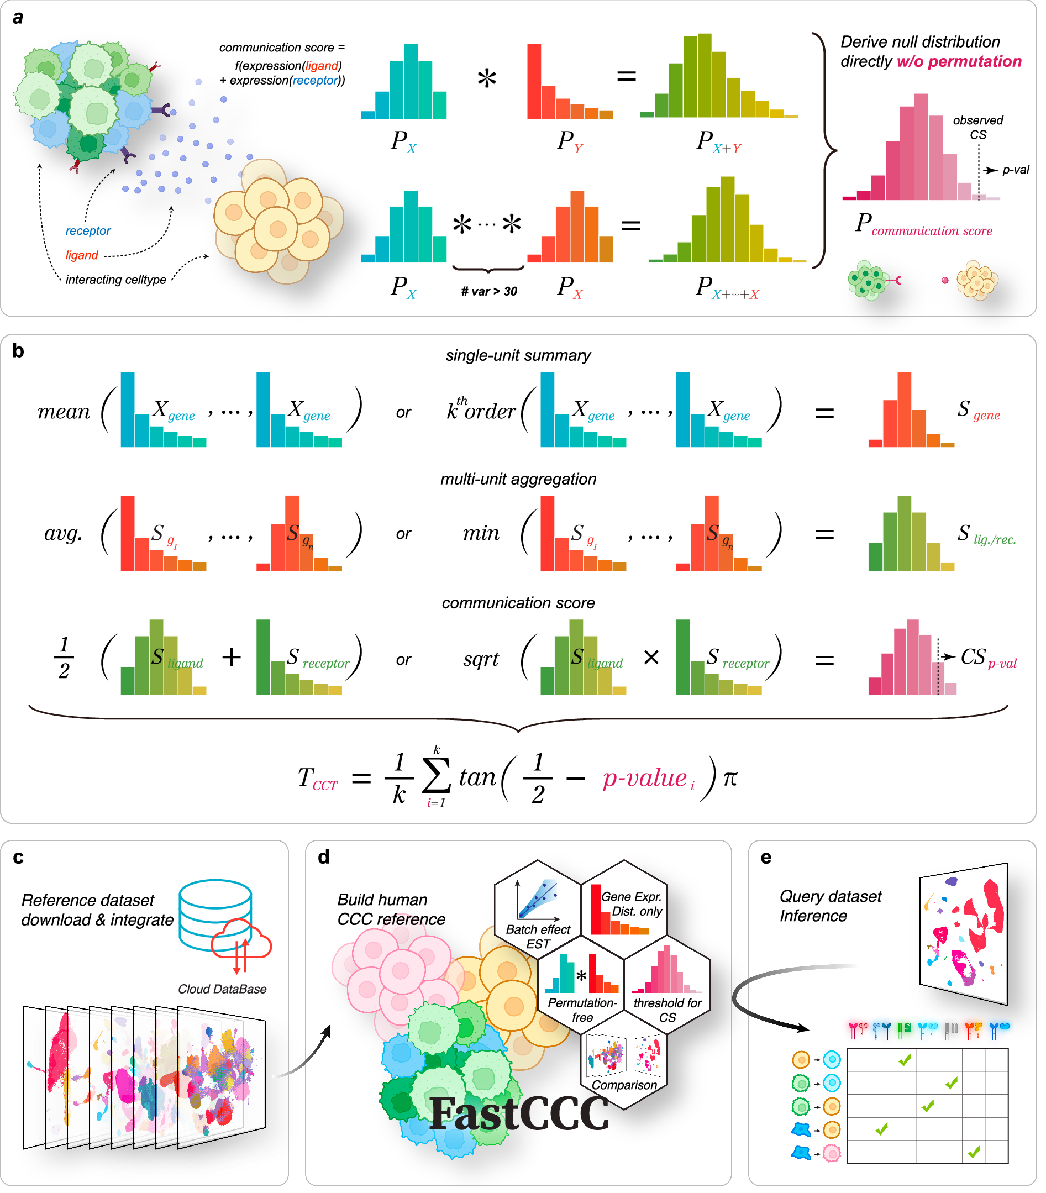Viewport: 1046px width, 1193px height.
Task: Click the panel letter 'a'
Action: click(18, 18)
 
